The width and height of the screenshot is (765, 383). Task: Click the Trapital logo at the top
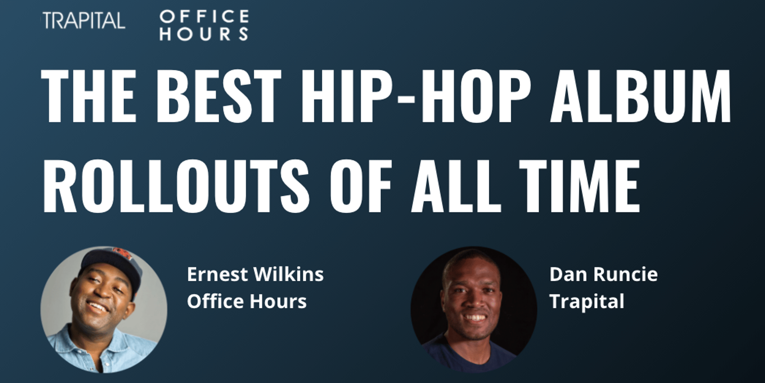(84, 20)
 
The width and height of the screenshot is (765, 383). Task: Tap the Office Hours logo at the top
(204, 25)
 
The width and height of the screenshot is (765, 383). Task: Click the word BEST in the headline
(219, 96)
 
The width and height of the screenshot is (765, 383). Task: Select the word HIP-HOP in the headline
(416, 96)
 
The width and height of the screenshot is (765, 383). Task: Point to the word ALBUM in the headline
(641, 96)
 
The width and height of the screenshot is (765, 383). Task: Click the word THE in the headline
(89, 96)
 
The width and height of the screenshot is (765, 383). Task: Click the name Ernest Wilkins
(255, 274)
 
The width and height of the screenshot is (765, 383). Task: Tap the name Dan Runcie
(604, 274)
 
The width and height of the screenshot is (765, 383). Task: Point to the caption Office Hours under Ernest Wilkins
(247, 301)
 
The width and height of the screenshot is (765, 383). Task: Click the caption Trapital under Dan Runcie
(587, 302)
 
